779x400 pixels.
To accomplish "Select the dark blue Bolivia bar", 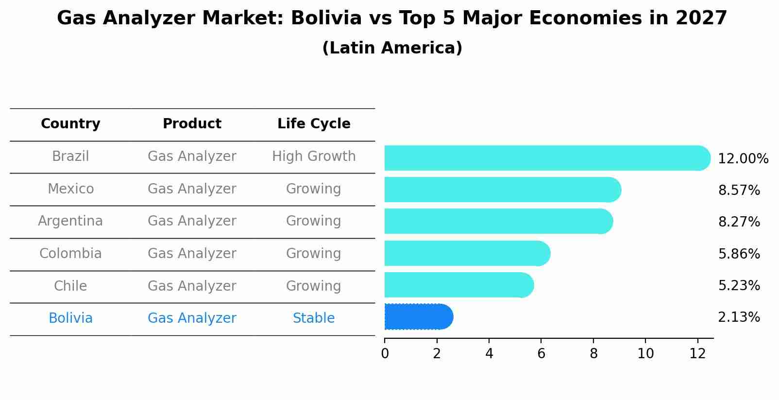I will pyautogui.click(x=418, y=317).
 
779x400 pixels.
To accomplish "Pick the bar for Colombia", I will pyautogui.click(x=467, y=253).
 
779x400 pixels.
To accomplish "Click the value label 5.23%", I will pyautogui.click(x=739, y=286).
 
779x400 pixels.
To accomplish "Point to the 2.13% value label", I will pyautogui.click(x=739, y=317).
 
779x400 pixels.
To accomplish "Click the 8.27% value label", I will pyautogui.click(x=739, y=222).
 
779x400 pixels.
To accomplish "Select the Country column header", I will pyautogui.click(x=70, y=124).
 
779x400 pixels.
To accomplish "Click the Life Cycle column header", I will pyautogui.click(x=314, y=124).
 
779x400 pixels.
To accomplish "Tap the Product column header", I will pyautogui.click(x=192, y=124).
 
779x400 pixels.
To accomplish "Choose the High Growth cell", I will pyautogui.click(x=314, y=157).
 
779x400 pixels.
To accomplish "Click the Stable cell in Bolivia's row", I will pyautogui.click(x=314, y=318).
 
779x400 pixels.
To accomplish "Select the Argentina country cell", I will pyautogui.click(x=70, y=221).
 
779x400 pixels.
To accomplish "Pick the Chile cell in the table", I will pyautogui.click(x=70, y=286).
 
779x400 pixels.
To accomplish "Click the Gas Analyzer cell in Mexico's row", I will pyautogui.click(x=192, y=189).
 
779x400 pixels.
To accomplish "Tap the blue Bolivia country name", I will pyautogui.click(x=70, y=318).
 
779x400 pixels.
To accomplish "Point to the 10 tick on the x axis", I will pyautogui.click(x=645, y=354).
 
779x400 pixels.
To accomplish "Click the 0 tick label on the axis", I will pyautogui.click(x=385, y=354).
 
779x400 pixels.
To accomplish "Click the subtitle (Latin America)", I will pyautogui.click(x=392, y=48).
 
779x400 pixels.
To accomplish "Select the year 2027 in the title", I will pyautogui.click(x=701, y=18).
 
